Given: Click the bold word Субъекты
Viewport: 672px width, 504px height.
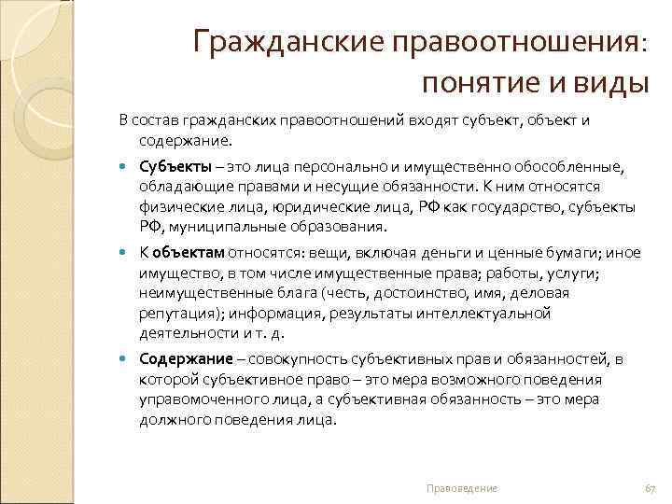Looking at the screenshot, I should [173, 164].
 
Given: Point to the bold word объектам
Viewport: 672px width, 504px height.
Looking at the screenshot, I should [189, 252].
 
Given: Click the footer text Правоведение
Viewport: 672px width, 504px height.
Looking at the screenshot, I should [461, 488].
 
